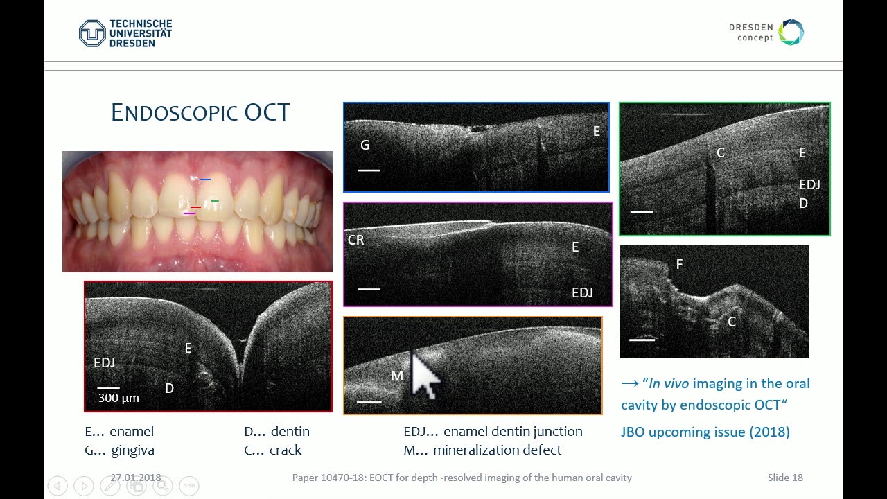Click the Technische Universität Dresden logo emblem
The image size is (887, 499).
coord(92,33)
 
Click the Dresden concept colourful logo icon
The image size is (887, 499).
coord(791,33)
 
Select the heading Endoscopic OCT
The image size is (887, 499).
coord(200,113)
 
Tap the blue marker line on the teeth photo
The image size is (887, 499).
coord(205,180)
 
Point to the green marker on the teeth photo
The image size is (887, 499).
coord(215,201)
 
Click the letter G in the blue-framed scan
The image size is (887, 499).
coord(365,146)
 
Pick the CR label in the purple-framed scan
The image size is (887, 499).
coord(355,240)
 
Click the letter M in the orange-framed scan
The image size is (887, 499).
coord(396,376)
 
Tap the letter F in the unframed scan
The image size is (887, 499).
coord(679,264)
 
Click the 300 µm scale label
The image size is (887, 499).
coord(118,398)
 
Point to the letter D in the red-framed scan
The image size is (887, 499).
coord(169,388)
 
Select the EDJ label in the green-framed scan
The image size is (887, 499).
coord(809,184)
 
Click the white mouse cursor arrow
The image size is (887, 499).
coord(423,374)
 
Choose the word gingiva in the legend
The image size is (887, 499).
coord(132,450)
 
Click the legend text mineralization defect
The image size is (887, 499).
coord(497,450)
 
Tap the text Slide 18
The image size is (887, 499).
coord(785,478)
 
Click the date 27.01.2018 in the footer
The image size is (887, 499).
coord(136,478)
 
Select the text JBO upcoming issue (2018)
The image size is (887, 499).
coord(705,432)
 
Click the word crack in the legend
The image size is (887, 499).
coord(286,450)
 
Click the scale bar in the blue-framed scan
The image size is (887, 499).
coord(369,170)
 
